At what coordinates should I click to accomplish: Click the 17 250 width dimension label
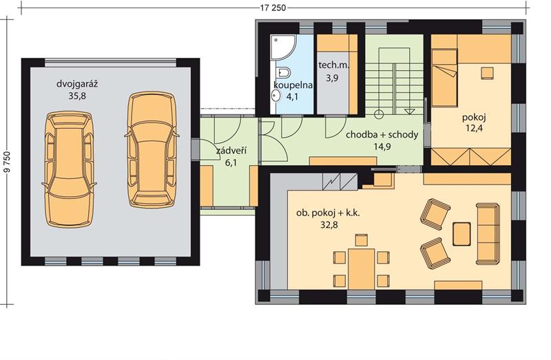point(273,8)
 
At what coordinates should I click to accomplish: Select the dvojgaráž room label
point(77,84)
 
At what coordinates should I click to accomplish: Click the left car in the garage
point(70,169)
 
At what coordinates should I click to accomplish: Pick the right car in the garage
point(152,149)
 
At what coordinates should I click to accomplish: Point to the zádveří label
point(231,151)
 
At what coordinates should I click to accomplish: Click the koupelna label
point(293,85)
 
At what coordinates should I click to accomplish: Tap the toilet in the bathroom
point(283,73)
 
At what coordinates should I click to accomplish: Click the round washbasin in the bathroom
point(276,95)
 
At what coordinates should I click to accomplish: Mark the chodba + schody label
point(382,135)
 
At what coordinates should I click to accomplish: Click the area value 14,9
point(382,147)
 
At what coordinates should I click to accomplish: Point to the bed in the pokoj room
point(444,78)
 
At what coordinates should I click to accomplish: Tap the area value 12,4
point(474,128)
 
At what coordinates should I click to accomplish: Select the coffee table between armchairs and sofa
point(461,234)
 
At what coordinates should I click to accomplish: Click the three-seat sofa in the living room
point(488,233)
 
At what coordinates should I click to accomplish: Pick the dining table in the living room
point(362,268)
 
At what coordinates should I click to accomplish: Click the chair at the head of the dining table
point(362,240)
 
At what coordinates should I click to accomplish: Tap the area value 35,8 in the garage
point(77,96)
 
